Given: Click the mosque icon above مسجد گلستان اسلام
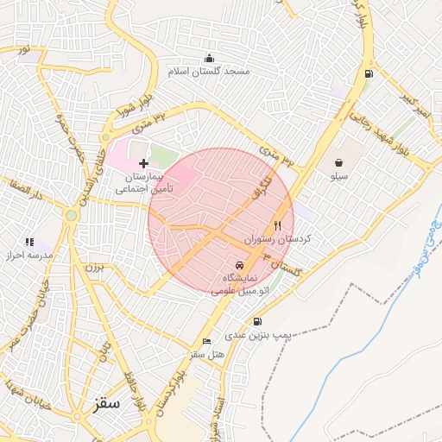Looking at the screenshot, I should point(208,58).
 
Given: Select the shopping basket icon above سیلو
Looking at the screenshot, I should point(338,161).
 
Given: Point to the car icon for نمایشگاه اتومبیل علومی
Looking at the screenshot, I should point(239,265).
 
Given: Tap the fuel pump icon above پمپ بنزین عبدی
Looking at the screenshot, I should point(258,321).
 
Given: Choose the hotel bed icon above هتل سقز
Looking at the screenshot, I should point(206,342).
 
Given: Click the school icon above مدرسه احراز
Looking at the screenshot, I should point(29,243).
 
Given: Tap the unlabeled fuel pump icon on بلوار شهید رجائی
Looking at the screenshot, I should point(369,74).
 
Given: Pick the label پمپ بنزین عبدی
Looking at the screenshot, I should point(259,334).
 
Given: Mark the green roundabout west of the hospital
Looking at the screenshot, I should point(71,215).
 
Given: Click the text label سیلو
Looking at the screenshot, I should point(338,175).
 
